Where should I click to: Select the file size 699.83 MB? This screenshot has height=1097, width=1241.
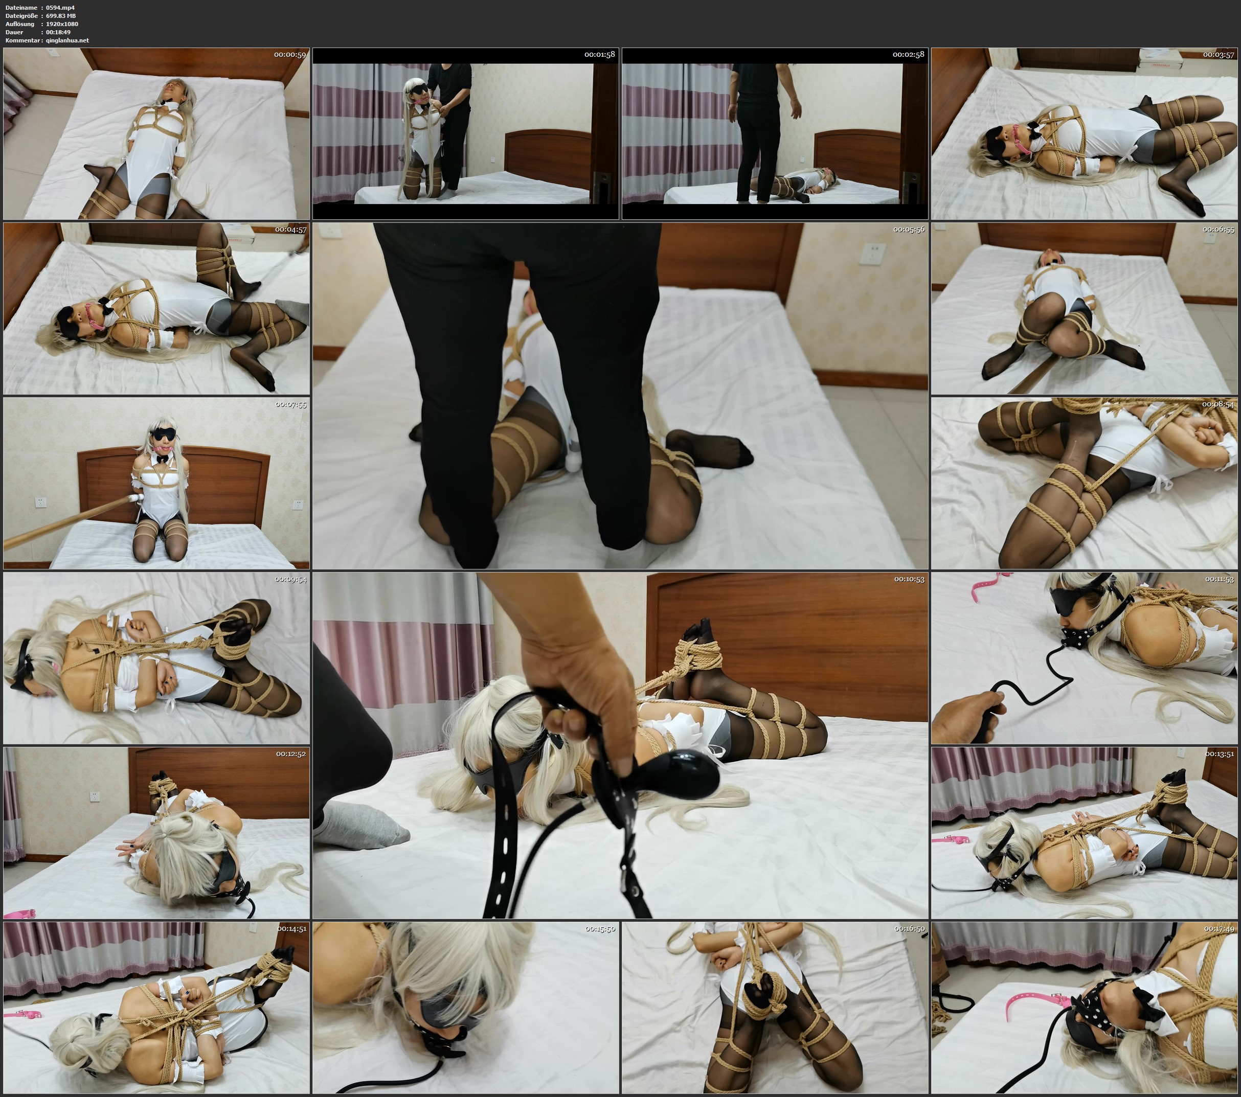tap(61, 16)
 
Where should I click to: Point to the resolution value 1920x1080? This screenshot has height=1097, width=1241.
tap(62, 24)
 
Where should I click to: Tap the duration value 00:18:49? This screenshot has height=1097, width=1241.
tap(58, 32)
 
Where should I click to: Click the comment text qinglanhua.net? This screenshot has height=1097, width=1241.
tap(67, 40)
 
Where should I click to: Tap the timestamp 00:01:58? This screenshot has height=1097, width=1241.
tap(600, 55)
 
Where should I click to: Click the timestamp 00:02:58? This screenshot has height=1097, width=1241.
tap(908, 55)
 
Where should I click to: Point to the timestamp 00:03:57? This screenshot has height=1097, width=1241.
tap(1219, 55)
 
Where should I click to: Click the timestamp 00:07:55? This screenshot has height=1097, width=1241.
tap(291, 404)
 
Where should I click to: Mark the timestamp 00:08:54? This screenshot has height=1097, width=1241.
tap(1219, 404)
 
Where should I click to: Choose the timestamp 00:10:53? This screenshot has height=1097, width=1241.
tap(909, 579)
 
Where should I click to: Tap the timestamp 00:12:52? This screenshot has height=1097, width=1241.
tap(291, 753)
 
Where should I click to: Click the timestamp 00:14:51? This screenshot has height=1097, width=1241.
tap(292, 928)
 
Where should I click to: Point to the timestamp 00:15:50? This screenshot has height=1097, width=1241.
tap(600, 928)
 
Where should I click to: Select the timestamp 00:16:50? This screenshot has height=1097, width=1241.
tap(909, 928)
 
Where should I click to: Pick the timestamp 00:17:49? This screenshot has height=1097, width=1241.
tap(1219, 928)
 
